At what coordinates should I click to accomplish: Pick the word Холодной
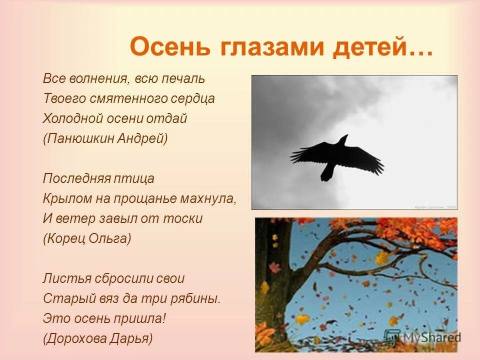73,119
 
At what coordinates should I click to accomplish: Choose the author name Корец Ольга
87,238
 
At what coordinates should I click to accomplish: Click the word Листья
63,278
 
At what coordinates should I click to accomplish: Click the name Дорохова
79,338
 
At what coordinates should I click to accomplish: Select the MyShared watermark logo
422,336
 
